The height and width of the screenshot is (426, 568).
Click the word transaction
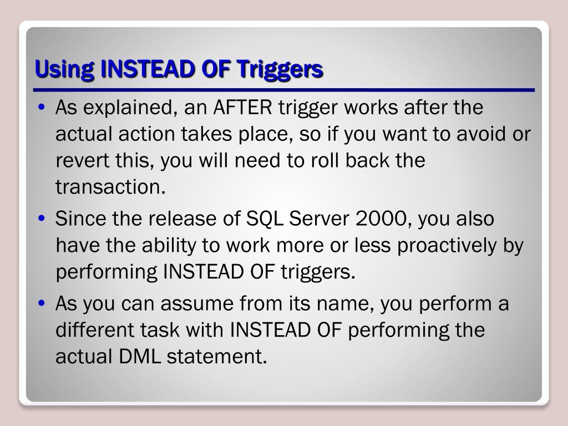point(110,187)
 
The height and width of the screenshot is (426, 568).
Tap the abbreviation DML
point(139,357)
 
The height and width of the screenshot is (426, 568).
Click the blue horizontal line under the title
point(284,90)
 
